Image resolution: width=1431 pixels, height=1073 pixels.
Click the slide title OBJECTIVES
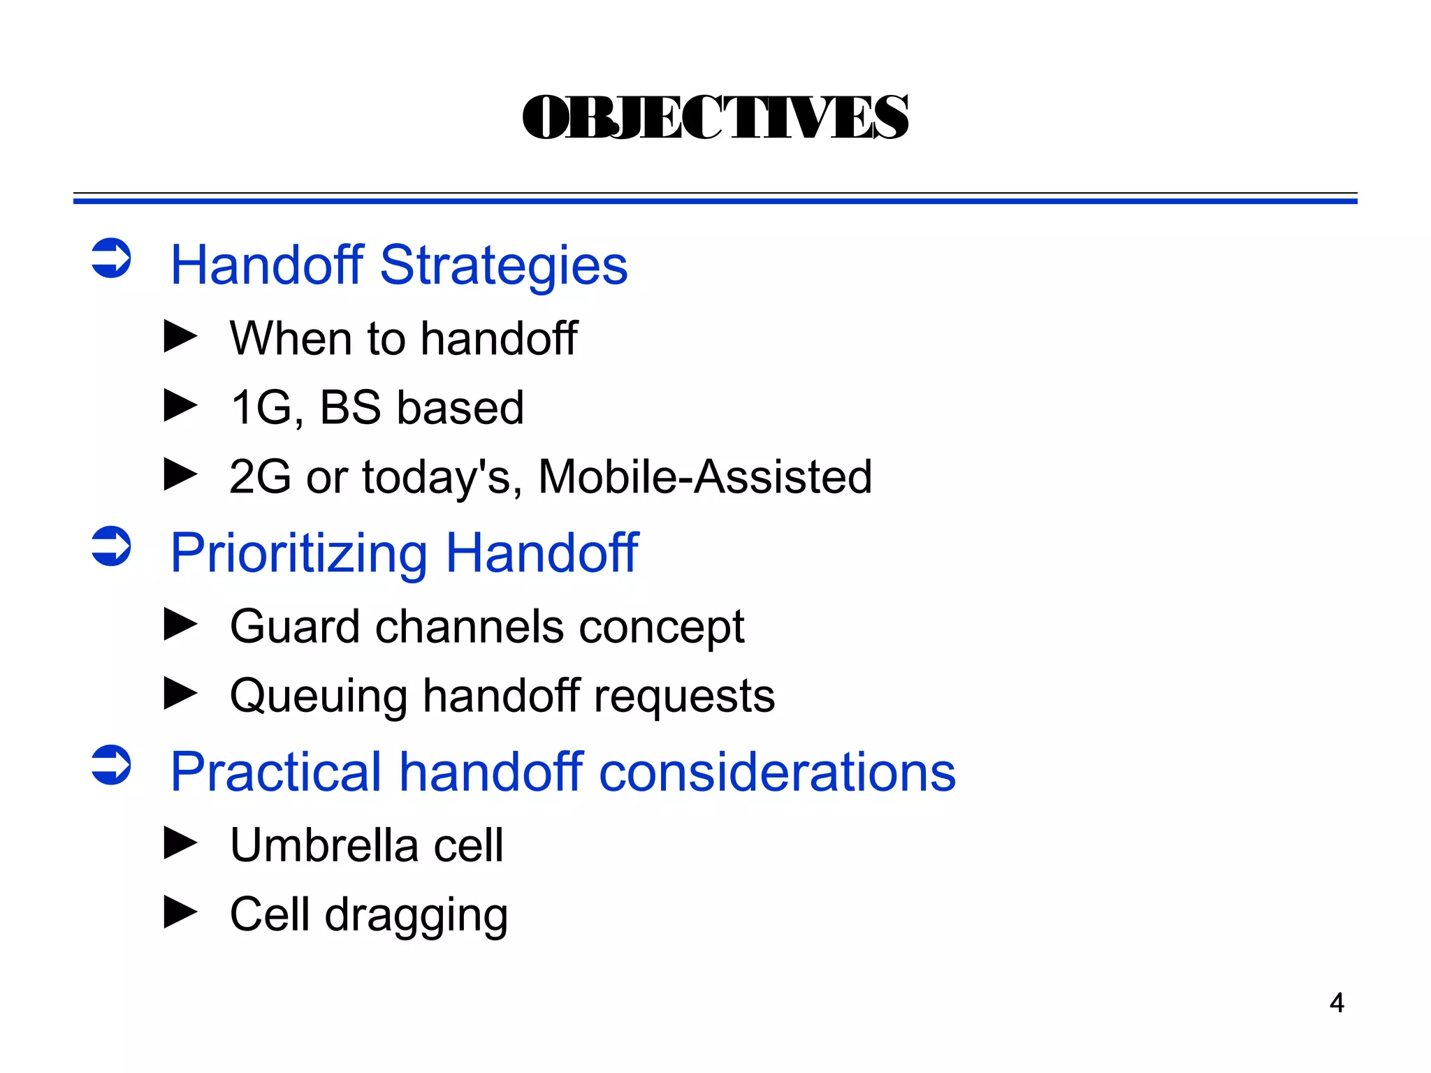[x=715, y=117]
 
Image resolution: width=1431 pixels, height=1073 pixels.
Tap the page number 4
[x=1337, y=1003]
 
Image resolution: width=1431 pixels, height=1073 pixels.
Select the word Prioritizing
[x=298, y=553]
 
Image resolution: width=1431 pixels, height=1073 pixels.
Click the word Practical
[x=275, y=772]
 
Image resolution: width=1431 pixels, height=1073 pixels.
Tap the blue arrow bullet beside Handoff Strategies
[x=111, y=258]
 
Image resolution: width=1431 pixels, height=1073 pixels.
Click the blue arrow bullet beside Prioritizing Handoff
[x=111, y=546]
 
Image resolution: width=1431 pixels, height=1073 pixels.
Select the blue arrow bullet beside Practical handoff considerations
[x=111, y=765]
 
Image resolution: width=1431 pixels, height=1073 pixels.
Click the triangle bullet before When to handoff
[x=180, y=337]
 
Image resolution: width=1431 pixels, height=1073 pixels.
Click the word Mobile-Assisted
[x=704, y=477]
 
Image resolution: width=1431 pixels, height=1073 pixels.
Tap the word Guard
[x=294, y=626]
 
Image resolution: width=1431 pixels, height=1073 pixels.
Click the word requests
[x=684, y=696]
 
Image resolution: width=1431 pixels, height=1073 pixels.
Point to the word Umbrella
[x=324, y=845]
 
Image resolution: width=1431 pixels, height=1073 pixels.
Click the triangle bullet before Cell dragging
[x=180, y=912]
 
